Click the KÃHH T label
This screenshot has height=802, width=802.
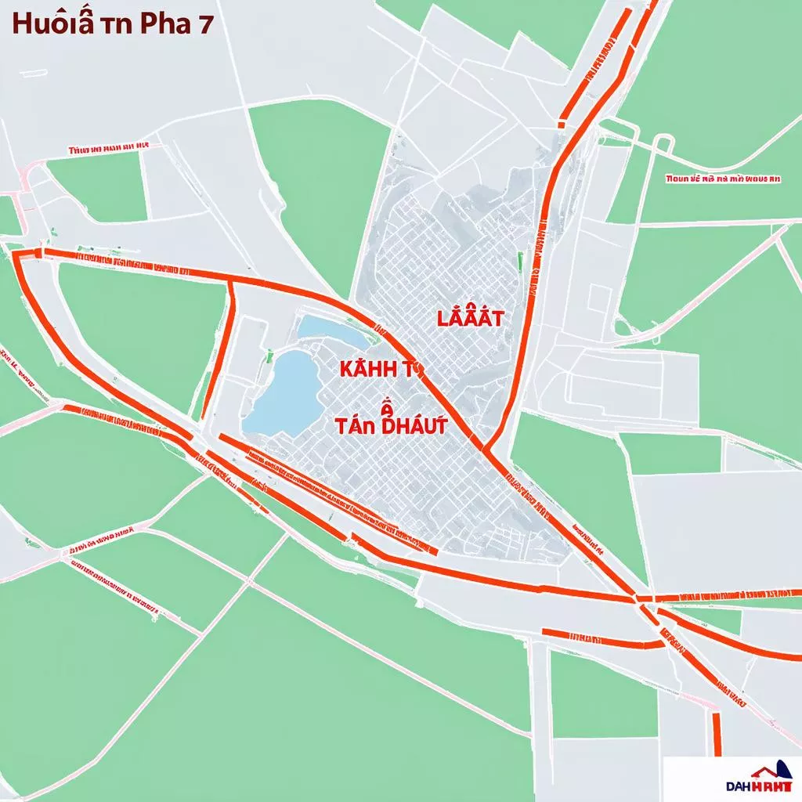point(374,370)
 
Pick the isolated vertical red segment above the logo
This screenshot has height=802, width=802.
point(716,733)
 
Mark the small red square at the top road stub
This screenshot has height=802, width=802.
point(563,123)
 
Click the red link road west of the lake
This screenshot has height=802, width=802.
point(219,349)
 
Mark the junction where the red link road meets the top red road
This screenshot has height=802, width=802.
point(233,280)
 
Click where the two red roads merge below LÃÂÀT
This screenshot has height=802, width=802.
point(486,450)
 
